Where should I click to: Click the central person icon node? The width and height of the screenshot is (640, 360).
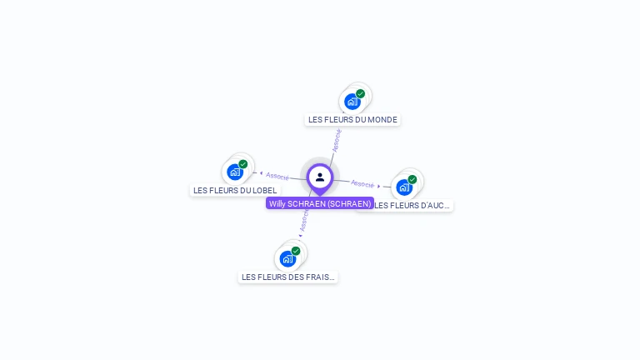tap(320, 177)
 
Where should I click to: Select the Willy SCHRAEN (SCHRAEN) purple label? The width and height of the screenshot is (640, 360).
tap(320, 203)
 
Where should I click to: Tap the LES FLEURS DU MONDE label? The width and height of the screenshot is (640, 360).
tap(352, 119)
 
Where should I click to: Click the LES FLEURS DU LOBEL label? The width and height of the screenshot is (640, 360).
tap(235, 190)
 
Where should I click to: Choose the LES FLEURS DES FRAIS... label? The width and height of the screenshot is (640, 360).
tap(288, 277)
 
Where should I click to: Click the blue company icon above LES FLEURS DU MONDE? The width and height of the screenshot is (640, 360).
tap(352, 102)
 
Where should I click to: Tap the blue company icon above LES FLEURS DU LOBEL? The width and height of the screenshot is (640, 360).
tap(235, 172)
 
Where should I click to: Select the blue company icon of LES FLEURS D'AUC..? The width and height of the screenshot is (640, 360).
tap(404, 187)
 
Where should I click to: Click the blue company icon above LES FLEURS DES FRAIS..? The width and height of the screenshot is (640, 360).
tap(287, 258)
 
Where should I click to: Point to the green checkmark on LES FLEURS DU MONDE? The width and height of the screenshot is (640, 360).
tap(361, 94)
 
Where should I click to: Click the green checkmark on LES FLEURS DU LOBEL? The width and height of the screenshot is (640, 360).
tap(243, 164)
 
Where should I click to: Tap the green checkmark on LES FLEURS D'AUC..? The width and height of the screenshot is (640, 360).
tap(412, 179)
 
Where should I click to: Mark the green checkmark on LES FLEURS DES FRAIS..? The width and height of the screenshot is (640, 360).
tap(296, 251)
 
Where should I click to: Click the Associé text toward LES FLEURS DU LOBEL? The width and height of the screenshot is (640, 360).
tap(277, 176)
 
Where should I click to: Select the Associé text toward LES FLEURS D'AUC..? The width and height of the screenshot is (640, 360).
tap(362, 183)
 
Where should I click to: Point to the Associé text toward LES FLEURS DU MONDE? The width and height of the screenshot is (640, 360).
tap(336, 139)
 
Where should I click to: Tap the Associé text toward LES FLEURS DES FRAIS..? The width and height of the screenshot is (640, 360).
tap(304, 221)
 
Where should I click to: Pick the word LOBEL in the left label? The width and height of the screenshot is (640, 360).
tap(262, 190)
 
